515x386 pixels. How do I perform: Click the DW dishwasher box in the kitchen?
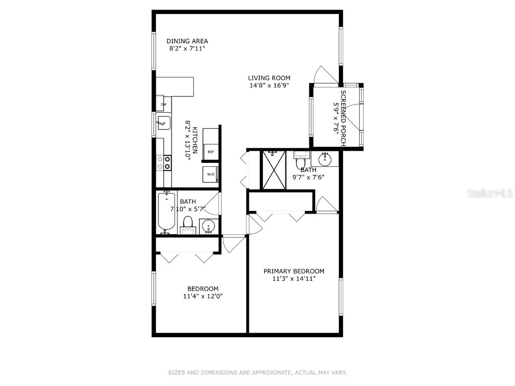coord(163,105)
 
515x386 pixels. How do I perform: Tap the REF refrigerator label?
coord(211,152)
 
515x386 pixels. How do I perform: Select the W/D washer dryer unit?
coord(211,174)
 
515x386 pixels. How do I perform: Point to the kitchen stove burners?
coord(163,162)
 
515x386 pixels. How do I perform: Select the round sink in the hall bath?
coord(209,227)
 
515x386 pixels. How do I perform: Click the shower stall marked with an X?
coord(274,169)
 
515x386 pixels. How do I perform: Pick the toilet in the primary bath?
coord(301,162)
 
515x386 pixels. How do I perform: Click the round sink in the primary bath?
coord(325,160)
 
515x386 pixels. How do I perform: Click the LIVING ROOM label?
coord(269,78)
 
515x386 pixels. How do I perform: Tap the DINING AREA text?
coord(187,41)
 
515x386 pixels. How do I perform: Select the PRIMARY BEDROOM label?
coord(294,271)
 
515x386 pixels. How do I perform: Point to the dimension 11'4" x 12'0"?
coord(203,297)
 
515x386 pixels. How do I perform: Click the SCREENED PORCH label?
coord(344,118)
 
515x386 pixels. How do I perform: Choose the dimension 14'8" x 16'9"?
coord(269,85)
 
